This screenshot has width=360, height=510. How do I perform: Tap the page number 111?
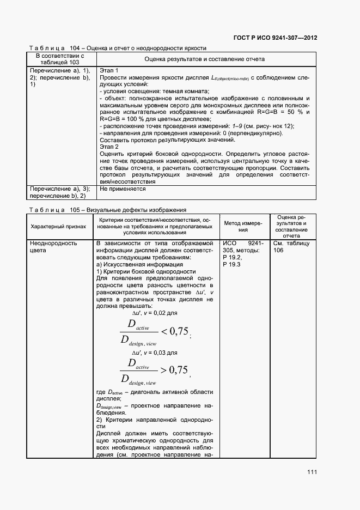(312, 472)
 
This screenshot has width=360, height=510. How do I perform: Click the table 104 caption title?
(121, 48)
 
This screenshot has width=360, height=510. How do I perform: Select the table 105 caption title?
(108, 210)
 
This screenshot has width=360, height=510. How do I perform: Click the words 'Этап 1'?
(109, 71)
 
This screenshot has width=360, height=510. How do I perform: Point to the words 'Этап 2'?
(109, 147)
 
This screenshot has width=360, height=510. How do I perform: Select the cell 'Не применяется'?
(123, 189)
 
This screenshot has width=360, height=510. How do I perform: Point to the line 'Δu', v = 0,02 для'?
(155, 313)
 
